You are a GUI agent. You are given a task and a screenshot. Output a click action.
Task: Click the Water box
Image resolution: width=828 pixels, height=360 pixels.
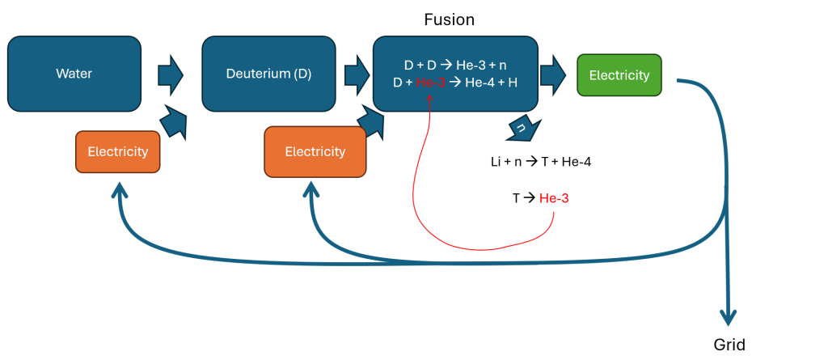pyautogui.click(x=74, y=74)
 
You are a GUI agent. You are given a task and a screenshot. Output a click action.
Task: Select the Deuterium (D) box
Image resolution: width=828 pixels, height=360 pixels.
pyautogui.click(x=268, y=74)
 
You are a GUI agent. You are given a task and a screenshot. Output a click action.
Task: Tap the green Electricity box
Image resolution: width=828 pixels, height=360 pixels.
pyautogui.click(x=619, y=75)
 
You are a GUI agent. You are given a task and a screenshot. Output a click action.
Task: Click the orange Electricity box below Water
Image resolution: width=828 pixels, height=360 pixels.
pyautogui.click(x=117, y=151)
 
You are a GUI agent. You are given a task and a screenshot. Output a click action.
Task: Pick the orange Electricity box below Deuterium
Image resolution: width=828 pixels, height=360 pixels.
pyautogui.click(x=315, y=151)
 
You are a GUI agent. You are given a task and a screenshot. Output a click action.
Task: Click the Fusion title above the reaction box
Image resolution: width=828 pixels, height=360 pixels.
pyautogui.click(x=450, y=19)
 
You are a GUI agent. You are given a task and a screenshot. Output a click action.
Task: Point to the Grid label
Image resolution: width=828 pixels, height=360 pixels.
pyautogui.click(x=729, y=345)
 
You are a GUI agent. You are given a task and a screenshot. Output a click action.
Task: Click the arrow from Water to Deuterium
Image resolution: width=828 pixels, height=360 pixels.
pyautogui.click(x=170, y=74)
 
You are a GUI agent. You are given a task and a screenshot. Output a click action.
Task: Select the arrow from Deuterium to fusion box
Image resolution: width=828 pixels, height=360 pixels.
pyautogui.click(x=357, y=74)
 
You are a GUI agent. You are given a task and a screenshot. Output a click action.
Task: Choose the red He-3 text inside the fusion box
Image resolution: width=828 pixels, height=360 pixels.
pyautogui.click(x=431, y=83)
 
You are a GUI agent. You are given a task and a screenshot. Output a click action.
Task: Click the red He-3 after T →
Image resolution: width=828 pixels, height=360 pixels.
pyautogui.click(x=554, y=197)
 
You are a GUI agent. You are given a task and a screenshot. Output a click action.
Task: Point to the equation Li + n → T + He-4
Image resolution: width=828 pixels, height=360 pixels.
pyautogui.click(x=541, y=162)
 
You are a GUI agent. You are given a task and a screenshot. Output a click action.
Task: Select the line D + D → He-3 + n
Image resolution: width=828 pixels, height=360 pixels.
pyautogui.click(x=455, y=65)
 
